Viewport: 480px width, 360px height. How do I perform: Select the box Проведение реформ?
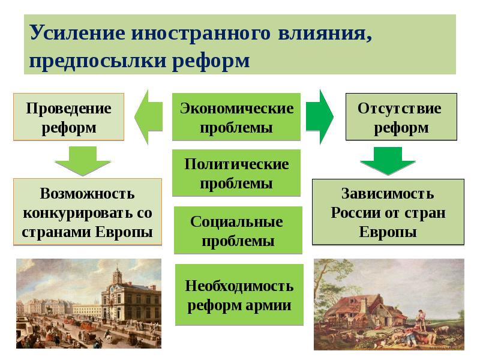(68, 118)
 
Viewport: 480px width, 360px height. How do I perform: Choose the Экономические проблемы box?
(236, 118)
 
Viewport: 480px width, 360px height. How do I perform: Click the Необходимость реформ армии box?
(239, 295)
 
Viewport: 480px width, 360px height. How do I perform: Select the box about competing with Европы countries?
(87, 212)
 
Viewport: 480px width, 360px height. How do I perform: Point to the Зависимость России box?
(388, 212)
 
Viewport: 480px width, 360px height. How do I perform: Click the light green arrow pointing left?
(148, 117)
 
